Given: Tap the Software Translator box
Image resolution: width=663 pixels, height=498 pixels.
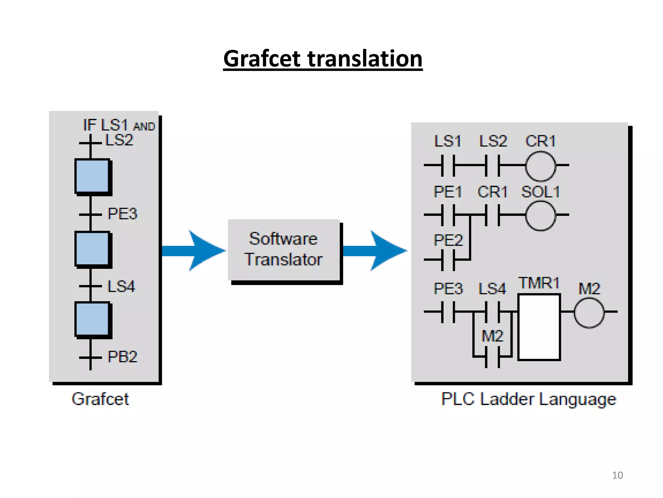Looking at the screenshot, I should [284, 250].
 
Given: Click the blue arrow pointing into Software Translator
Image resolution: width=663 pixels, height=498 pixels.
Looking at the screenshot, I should [194, 251].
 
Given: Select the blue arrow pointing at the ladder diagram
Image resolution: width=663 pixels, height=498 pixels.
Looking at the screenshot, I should [376, 251].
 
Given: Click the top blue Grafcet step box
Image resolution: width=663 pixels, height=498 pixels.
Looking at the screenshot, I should [92, 176].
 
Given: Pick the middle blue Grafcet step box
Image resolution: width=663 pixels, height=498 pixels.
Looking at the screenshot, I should [92, 249].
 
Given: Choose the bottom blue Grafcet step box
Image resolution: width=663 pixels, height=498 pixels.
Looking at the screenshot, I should [92, 319].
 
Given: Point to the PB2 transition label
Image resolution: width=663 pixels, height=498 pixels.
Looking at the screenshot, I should [122, 357].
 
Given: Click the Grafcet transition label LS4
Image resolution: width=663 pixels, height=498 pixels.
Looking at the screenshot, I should [121, 287].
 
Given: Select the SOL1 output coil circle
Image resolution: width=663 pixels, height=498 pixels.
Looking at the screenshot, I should [540, 216].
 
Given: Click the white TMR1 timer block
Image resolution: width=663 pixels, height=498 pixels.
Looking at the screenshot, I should [539, 327].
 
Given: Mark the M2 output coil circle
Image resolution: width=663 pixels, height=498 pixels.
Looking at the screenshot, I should [589, 313].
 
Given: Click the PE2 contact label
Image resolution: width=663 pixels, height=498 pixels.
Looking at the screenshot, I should [448, 240].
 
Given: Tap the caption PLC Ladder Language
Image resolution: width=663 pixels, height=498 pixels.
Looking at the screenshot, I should [528, 399].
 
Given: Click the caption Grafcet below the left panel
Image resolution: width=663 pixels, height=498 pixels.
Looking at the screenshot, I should [100, 399].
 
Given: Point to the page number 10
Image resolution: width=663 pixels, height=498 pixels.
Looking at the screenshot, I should [617, 475].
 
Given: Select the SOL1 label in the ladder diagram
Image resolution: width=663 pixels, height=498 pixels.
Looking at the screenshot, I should [540, 192].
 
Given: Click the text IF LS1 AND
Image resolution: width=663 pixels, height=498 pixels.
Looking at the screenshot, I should [119, 125].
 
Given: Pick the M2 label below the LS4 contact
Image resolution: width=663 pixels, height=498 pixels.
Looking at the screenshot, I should [492, 336].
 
